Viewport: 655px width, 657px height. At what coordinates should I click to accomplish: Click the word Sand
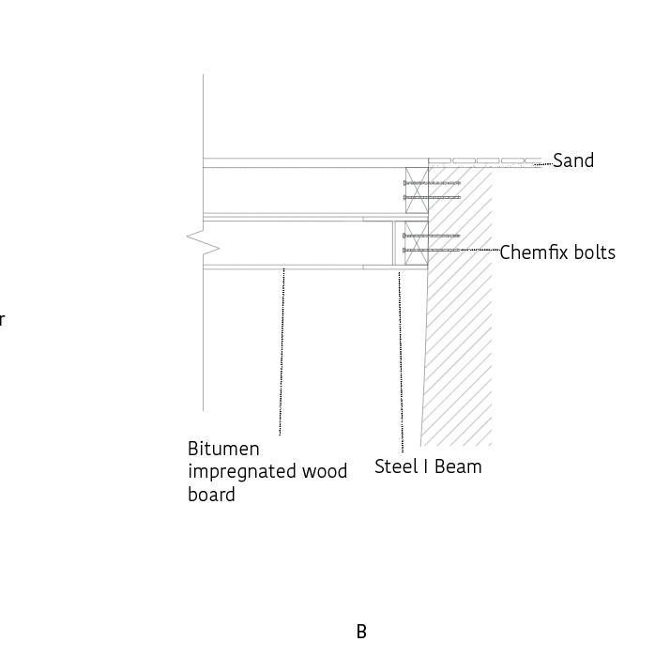[x=573, y=160]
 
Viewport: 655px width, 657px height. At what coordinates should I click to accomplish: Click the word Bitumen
[x=223, y=449]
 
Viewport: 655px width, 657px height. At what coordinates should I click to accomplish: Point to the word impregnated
[x=243, y=472]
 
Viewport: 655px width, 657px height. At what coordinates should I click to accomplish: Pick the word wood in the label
[x=325, y=472]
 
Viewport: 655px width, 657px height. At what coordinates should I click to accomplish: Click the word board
[x=211, y=495]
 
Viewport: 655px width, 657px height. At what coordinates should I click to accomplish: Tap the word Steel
[x=394, y=466]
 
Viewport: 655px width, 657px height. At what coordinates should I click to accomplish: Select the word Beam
[x=462, y=466]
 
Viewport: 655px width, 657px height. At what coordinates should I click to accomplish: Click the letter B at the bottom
[x=361, y=632]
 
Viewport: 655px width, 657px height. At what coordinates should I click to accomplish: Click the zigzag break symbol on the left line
[x=205, y=244]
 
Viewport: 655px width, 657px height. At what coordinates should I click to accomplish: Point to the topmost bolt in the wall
[x=432, y=182]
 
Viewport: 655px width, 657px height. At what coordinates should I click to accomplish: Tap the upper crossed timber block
[x=417, y=189]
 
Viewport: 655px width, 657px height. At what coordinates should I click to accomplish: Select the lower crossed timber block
[x=417, y=243]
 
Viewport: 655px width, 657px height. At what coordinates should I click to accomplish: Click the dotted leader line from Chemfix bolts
[x=479, y=250]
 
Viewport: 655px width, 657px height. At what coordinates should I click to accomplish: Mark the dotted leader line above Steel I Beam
[x=401, y=361]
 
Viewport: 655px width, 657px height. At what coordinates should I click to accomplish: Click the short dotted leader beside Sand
[x=543, y=164]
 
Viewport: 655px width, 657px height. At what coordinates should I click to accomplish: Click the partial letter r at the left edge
[x=2, y=320]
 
